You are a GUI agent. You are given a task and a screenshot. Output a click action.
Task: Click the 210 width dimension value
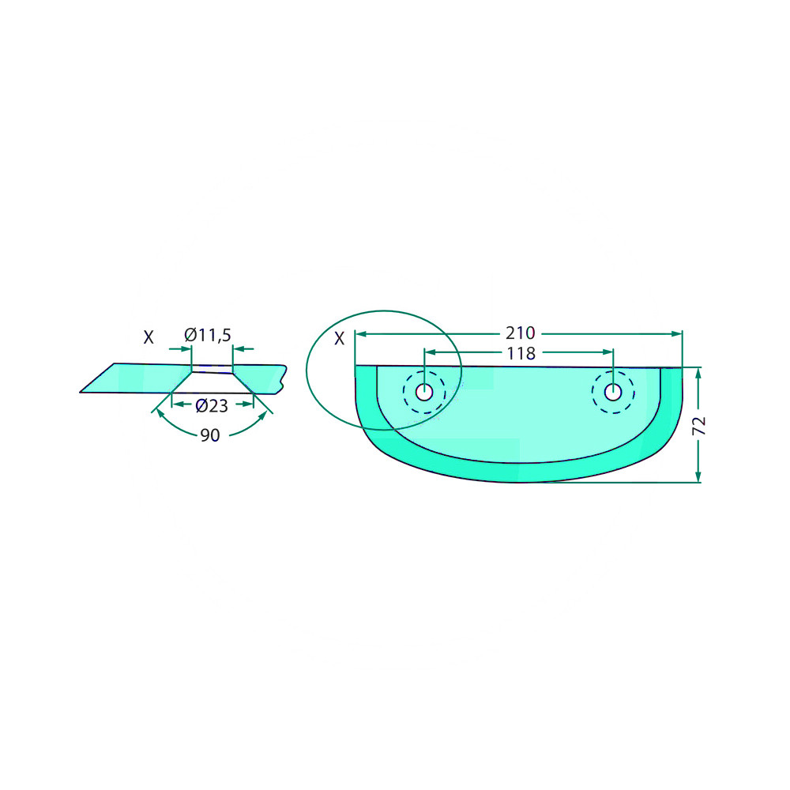point(520,333)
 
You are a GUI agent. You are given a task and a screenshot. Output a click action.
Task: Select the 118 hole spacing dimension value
point(521,354)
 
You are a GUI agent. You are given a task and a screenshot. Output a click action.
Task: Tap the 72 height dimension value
point(699,427)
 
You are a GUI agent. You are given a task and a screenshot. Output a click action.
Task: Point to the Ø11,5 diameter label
point(208,334)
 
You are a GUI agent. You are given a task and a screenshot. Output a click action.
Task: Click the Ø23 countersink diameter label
point(212,405)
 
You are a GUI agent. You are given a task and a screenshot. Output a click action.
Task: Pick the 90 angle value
point(210,434)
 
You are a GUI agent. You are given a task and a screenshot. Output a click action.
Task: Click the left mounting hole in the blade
point(424,392)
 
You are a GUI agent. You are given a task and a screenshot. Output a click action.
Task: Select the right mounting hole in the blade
point(613,392)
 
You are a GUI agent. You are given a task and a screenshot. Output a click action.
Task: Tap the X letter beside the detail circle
point(340,339)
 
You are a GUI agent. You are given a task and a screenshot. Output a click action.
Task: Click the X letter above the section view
point(149,337)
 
